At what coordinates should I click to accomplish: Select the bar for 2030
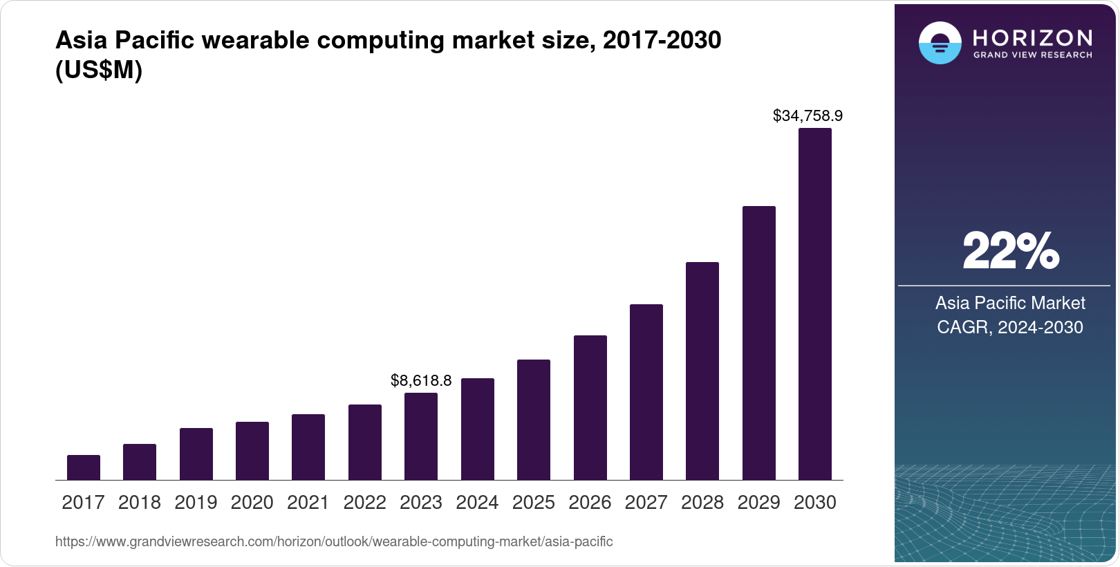coord(814,304)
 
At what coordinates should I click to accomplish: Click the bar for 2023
coord(420,436)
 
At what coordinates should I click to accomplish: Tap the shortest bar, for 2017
coord(83,467)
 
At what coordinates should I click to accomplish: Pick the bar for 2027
coord(646,392)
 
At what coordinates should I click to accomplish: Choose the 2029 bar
coord(758,343)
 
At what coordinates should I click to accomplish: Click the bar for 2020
coord(252,451)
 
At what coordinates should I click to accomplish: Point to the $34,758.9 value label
coord(808,115)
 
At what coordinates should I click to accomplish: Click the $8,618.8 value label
coord(420,380)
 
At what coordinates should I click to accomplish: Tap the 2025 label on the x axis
coord(533,503)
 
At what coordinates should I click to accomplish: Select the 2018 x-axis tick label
coord(139,503)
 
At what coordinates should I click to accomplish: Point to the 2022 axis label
coord(364,503)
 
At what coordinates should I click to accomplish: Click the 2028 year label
coord(702,503)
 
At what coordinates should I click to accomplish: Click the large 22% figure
coord(1010,251)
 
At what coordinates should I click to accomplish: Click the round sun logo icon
coord(940,43)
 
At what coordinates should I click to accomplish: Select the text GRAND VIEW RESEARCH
coord(1032,55)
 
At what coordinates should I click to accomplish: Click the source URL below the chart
coord(334,541)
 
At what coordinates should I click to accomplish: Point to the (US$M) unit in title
coord(98,70)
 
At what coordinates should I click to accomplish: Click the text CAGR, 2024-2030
coord(1009,327)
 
